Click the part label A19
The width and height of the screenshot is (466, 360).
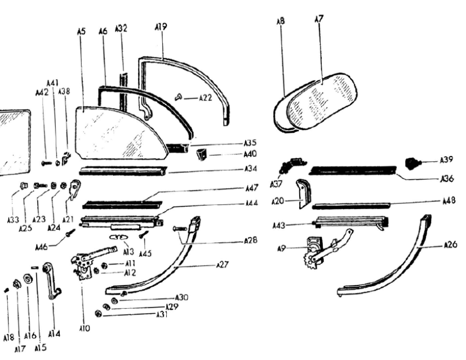coord(161,26)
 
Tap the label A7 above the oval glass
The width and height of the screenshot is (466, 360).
coord(318,19)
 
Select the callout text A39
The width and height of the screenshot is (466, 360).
coord(446,160)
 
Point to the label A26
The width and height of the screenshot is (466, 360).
coord(450,245)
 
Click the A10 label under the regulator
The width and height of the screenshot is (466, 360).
coord(85,328)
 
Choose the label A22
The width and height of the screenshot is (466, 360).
coord(205,97)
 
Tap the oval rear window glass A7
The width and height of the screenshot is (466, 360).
coord(322,100)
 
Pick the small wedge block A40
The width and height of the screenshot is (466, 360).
coord(202,154)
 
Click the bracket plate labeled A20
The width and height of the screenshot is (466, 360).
coord(303,193)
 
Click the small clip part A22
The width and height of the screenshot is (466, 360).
coord(179,97)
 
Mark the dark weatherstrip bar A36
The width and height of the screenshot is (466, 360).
coord(353,170)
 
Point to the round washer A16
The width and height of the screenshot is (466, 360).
coord(28,279)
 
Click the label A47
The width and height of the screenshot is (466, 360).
coord(252,188)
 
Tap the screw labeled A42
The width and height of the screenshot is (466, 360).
coord(47,163)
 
